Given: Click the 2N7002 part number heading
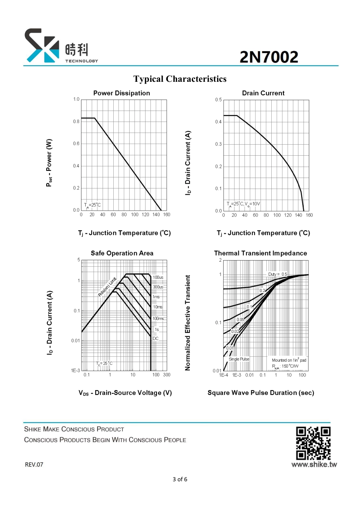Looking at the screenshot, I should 269,57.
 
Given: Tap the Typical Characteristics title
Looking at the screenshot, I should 180,79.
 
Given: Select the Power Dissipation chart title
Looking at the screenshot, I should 122,93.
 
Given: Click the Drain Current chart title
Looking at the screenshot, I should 263,93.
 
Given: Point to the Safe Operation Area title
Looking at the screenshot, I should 122,253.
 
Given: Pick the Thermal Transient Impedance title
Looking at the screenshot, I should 260,253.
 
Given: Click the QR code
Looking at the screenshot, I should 313,443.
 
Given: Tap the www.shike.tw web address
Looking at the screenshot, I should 314,464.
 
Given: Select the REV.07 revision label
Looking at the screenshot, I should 34,465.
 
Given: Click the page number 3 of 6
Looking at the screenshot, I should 180,479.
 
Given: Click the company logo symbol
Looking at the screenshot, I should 41,45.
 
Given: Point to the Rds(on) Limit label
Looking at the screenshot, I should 107,287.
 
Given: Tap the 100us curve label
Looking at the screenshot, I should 158,278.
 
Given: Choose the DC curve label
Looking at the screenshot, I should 156,339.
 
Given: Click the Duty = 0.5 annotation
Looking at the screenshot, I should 278,274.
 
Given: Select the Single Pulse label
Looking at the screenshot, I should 239,359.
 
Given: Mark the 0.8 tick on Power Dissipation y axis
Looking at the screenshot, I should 76,122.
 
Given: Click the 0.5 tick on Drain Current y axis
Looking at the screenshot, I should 219,100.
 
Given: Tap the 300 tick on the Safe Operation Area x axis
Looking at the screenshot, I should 167,375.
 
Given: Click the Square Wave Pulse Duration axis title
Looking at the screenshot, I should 261,393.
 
